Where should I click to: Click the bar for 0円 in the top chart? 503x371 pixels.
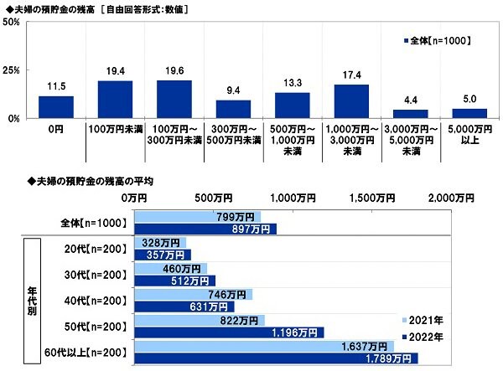(55, 107)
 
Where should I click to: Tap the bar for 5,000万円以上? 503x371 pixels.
(469, 113)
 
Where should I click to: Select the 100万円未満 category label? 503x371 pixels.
(115, 131)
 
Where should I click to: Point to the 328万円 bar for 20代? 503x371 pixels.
(159, 243)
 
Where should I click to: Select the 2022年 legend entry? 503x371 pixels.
(424, 336)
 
